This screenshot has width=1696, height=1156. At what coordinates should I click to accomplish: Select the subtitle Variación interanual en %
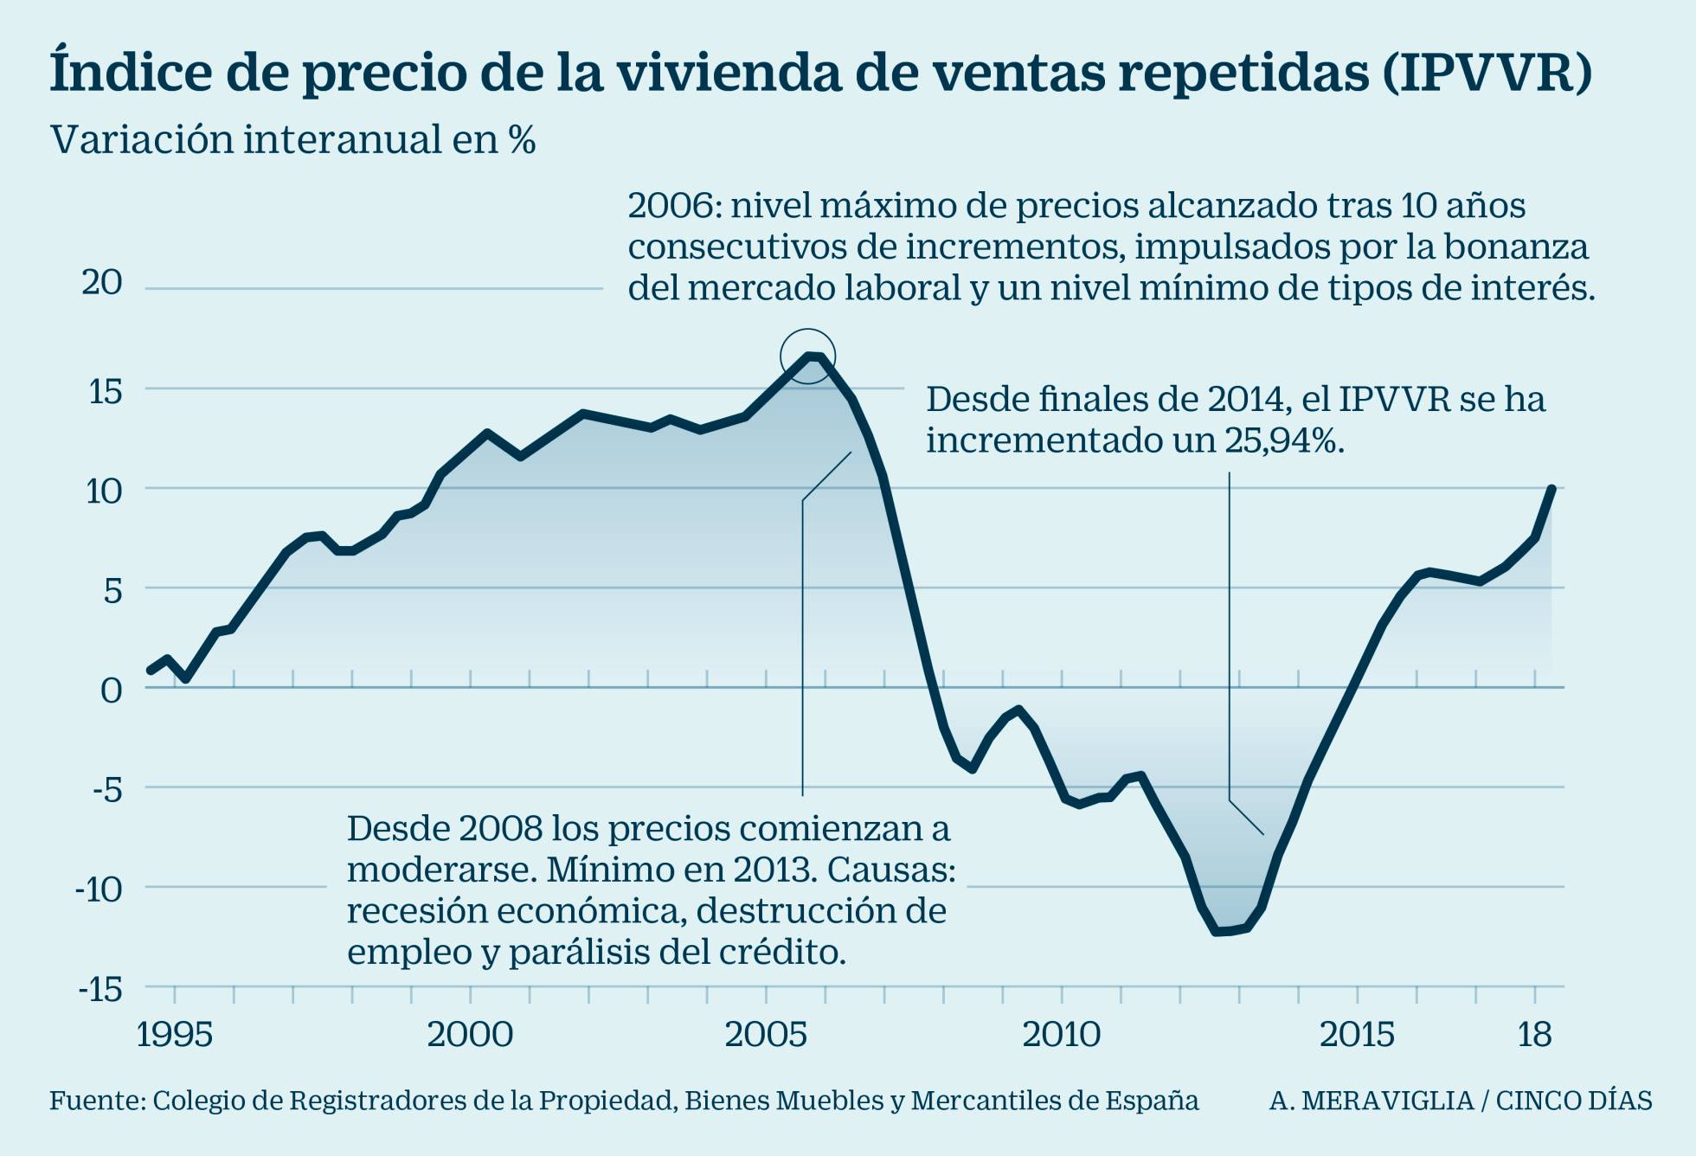293,140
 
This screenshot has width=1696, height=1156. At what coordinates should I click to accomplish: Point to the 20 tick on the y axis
102,283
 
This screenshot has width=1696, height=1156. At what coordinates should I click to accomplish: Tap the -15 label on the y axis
100,990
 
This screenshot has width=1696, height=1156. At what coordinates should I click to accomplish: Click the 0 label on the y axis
111,690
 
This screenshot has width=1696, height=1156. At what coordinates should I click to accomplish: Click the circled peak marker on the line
808,356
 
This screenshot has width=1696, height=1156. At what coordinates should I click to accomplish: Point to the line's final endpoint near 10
1552,489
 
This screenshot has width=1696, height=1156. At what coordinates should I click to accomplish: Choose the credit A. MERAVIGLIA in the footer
1371,1101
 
